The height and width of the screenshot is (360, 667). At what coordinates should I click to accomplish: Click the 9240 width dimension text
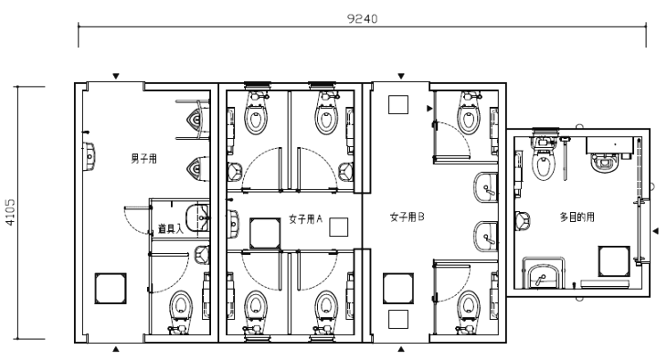(x=362, y=18)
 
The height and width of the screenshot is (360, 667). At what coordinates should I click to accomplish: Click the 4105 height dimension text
(x=9, y=212)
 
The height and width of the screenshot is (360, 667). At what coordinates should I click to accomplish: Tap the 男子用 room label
(x=143, y=159)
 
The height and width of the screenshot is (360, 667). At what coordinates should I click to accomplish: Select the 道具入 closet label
(x=171, y=228)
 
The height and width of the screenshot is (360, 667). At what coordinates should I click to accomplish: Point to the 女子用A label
(x=305, y=219)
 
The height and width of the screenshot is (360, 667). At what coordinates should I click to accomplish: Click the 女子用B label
(x=408, y=217)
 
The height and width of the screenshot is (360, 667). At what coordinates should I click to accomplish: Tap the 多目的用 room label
(x=577, y=217)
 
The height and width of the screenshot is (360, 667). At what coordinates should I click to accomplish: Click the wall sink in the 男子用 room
(x=89, y=156)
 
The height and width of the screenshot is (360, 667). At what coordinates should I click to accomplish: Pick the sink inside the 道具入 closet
(x=198, y=218)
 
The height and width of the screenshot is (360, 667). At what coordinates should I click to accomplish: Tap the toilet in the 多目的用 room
(x=544, y=160)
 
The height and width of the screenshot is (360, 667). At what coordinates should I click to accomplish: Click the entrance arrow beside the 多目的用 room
(x=655, y=230)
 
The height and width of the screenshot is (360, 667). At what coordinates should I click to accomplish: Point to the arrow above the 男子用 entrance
(x=116, y=76)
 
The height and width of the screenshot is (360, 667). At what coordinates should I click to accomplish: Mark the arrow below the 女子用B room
(x=401, y=349)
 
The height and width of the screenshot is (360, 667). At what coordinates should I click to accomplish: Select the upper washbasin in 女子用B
(x=486, y=187)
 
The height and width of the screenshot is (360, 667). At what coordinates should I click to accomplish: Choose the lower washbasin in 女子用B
(x=486, y=237)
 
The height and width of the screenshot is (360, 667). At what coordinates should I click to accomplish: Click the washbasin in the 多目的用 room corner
(x=544, y=273)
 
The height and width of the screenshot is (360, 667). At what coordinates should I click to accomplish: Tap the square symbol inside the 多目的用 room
(x=614, y=260)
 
